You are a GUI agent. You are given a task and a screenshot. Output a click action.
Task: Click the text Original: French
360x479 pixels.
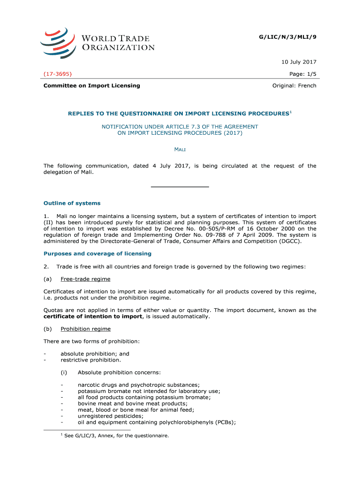point(294,86)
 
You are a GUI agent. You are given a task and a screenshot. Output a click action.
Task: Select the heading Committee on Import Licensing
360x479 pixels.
point(92,86)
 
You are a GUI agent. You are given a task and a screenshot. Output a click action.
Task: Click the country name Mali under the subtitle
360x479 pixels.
point(180,149)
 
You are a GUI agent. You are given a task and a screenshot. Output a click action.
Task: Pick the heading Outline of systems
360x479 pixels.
point(72,203)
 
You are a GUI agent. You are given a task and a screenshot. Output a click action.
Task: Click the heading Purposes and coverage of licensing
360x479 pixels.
point(97,254)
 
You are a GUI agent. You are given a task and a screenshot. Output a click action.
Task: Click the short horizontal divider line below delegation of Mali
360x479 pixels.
point(180,187)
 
